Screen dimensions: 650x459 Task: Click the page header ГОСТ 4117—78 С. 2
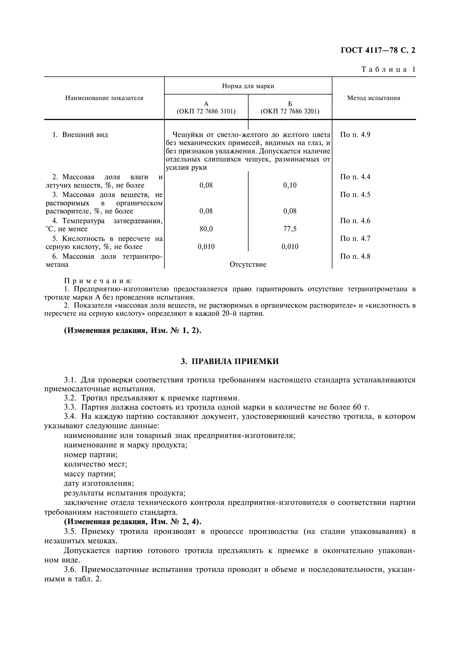[x=378, y=50]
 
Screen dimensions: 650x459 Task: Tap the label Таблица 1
[x=388, y=69]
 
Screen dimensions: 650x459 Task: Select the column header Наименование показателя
[x=104, y=98]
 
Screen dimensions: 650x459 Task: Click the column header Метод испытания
[x=373, y=98]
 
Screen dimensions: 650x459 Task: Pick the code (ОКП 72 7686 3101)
[x=206, y=111]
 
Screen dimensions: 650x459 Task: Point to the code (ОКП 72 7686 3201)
[x=290, y=111]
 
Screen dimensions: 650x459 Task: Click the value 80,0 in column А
[x=206, y=229]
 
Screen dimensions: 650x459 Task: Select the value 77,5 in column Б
[x=290, y=229]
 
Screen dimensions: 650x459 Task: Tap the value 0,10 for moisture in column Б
[x=290, y=185]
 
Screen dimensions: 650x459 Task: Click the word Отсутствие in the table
[x=248, y=264]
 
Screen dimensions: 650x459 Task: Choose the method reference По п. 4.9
[x=355, y=135]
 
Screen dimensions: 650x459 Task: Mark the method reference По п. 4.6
[x=355, y=221]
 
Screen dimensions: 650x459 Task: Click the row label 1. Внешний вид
[x=80, y=135]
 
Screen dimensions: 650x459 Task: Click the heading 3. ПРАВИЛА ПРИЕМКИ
[x=229, y=362]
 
